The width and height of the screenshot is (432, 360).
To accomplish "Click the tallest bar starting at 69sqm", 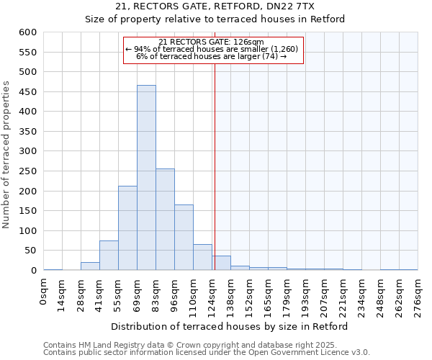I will (x=146, y=178).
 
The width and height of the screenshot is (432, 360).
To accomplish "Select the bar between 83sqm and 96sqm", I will (x=165, y=220).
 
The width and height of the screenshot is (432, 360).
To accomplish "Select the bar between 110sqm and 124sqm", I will (x=202, y=257).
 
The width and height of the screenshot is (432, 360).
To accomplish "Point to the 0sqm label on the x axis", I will (x=44, y=292).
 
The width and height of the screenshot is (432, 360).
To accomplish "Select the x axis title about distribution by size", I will (x=230, y=326).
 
